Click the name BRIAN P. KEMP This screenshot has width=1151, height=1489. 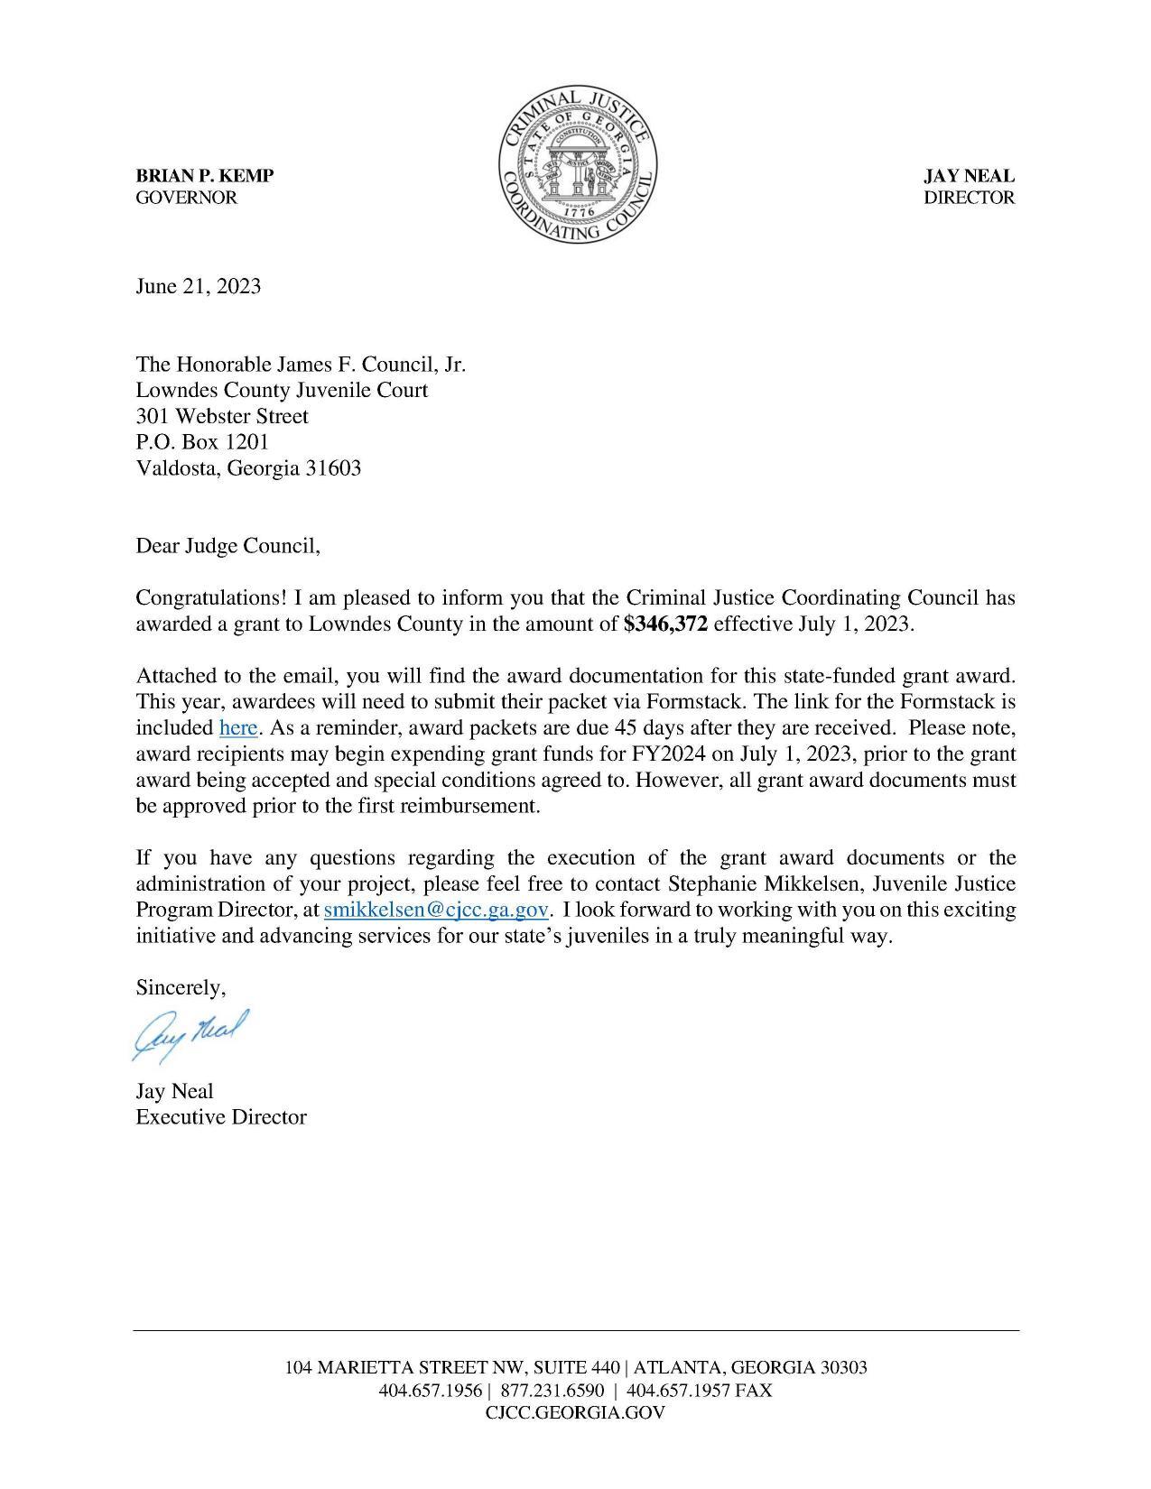(x=205, y=176)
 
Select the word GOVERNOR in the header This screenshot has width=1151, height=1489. (x=186, y=198)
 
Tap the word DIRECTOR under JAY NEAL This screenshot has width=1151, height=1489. (x=969, y=198)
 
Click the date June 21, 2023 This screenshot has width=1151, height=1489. (x=199, y=286)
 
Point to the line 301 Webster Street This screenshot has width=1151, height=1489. (x=222, y=416)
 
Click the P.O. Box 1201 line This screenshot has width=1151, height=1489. (x=202, y=442)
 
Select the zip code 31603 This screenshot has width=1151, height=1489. (x=333, y=468)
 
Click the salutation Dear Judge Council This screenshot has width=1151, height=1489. (x=227, y=546)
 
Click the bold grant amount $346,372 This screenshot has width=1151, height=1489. (x=665, y=624)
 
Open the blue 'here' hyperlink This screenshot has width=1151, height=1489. (x=238, y=727)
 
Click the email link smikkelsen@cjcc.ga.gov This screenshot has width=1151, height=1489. (x=436, y=910)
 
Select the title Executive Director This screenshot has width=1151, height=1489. (x=221, y=1117)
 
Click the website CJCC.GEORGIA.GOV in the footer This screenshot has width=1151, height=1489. (x=575, y=1413)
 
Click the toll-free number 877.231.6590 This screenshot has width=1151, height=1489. (x=552, y=1390)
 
